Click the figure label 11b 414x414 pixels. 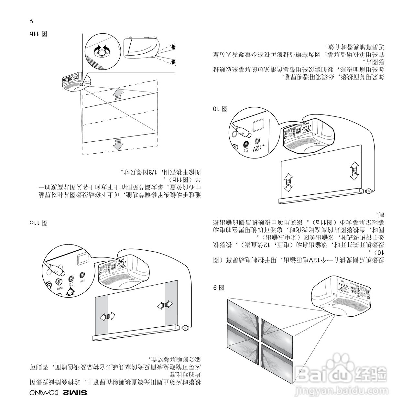pos(38,34)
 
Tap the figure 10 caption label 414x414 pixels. pos(220,109)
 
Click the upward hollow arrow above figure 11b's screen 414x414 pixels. pos(118,93)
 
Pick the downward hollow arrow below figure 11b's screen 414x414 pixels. pos(118,144)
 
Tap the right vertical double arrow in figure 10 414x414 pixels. pos(354,171)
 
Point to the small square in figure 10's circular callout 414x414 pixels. pos(258,125)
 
